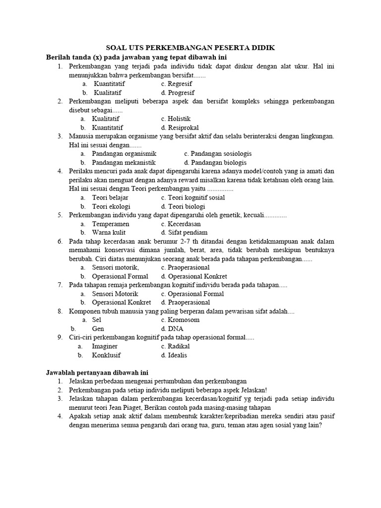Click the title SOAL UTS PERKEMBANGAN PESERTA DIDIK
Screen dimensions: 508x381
click(190, 48)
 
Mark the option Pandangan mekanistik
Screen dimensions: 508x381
click(124, 163)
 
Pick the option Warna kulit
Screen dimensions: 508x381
click(108, 232)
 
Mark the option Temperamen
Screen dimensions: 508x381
click(110, 224)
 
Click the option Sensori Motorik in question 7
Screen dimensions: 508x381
click(115, 294)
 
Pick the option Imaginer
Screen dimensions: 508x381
click(105, 346)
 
